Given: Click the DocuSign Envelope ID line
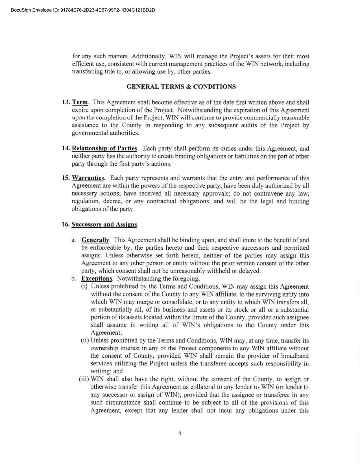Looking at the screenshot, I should [83, 10].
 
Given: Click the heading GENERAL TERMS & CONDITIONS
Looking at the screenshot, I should [181, 87].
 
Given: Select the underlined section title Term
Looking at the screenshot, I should [80, 102].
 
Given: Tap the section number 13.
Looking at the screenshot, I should [66, 102].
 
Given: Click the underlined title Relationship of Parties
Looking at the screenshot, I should [104, 149].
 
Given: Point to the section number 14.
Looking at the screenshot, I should [66, 149].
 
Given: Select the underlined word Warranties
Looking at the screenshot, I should [88, 178].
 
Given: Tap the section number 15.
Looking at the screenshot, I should [66, 178].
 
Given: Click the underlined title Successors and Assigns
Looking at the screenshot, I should [104, 225].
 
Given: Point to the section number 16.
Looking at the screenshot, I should [66, 225].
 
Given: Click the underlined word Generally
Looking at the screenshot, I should [95, 240].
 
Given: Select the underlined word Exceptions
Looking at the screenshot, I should [97, 278].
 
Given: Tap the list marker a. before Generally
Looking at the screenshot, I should [73, 240].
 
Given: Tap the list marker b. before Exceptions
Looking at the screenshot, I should [74, 279].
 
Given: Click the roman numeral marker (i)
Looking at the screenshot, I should [84, 286].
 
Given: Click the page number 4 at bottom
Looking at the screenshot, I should [180, 433].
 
